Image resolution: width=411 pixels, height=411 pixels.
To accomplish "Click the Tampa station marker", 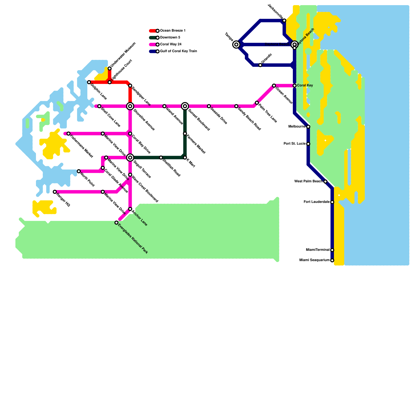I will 236,45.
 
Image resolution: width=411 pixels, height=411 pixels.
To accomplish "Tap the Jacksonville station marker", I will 284,21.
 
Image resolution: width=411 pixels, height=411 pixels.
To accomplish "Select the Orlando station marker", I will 260,65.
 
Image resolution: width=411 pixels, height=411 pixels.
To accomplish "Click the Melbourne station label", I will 297,126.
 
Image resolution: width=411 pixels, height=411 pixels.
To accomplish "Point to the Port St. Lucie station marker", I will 308,144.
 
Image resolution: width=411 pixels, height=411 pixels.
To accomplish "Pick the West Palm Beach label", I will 308,181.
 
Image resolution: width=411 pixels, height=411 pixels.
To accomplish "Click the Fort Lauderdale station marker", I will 332,202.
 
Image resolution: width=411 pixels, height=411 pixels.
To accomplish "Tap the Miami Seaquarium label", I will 314,260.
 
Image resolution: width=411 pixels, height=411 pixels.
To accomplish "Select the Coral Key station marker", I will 295,86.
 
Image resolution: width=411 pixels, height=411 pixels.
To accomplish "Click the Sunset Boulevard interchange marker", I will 185,106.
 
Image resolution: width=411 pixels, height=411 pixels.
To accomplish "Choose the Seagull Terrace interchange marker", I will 130,157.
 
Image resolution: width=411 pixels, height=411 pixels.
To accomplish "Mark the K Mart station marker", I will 185,157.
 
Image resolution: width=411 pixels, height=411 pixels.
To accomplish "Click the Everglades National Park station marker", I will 116,223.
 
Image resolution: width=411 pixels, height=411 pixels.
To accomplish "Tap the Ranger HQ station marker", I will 55,192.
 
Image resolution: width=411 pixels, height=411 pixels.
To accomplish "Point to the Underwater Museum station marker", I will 110,68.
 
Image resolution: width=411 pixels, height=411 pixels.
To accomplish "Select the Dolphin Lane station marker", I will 89,82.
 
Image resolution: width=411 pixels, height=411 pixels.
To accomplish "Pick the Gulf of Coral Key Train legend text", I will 179,51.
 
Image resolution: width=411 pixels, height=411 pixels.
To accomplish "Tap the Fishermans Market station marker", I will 69,134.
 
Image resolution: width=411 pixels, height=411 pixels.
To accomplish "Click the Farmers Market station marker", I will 185,134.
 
